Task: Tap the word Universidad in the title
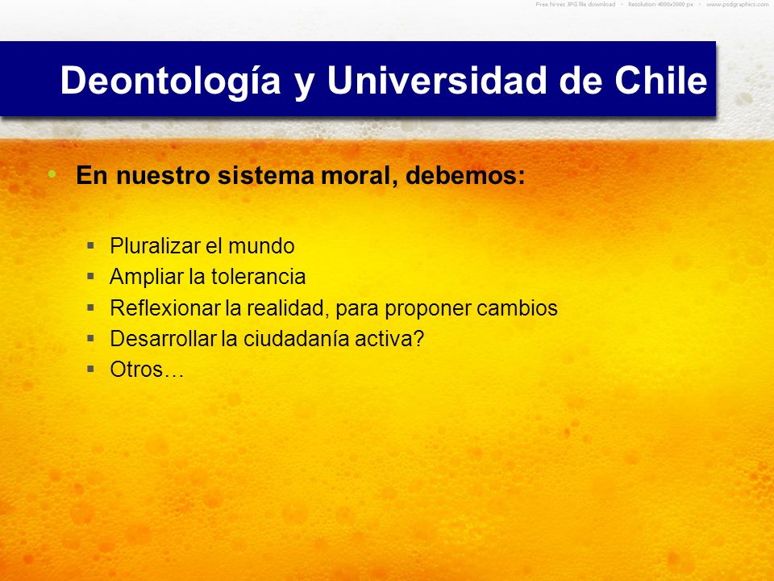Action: point(437,80)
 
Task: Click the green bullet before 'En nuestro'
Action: point(52,173)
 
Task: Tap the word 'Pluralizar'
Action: point(154,246)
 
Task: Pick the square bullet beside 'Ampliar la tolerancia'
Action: point(90,276)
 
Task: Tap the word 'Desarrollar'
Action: point(163,339)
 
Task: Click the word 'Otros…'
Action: point(147,370)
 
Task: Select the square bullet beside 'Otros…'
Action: point(90,368)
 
